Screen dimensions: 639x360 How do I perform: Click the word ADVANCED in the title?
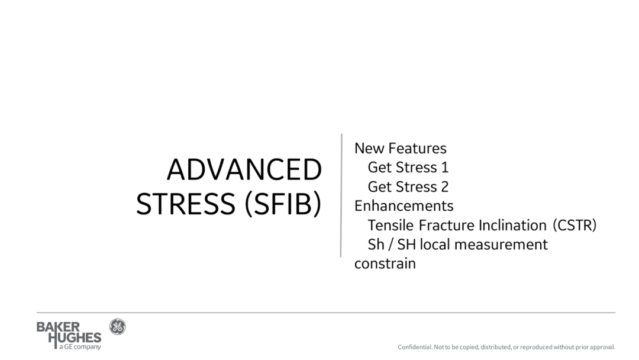pos(244,169)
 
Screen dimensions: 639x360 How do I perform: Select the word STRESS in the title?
pos(185,204)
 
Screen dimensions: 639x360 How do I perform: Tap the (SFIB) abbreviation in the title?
pos(283,204)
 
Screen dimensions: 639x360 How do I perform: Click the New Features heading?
pos(400,149)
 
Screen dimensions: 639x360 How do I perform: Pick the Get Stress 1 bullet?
pos(408,168)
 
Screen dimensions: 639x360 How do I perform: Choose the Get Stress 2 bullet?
pos(408,187)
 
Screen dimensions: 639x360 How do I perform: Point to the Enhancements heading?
pos(404,206)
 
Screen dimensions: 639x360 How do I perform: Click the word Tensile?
pos(391,225)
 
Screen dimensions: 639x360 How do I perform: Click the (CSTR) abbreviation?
pos(575,226)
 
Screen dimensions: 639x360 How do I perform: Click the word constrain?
pos(385,263)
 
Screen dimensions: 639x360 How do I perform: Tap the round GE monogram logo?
pos(117,327)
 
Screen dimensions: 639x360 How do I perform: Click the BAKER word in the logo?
pos(58,327)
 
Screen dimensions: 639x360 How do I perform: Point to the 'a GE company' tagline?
pos(80,347)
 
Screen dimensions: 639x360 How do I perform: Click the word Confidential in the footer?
pos(415,348)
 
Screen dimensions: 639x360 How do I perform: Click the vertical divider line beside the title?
pos(341,195)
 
